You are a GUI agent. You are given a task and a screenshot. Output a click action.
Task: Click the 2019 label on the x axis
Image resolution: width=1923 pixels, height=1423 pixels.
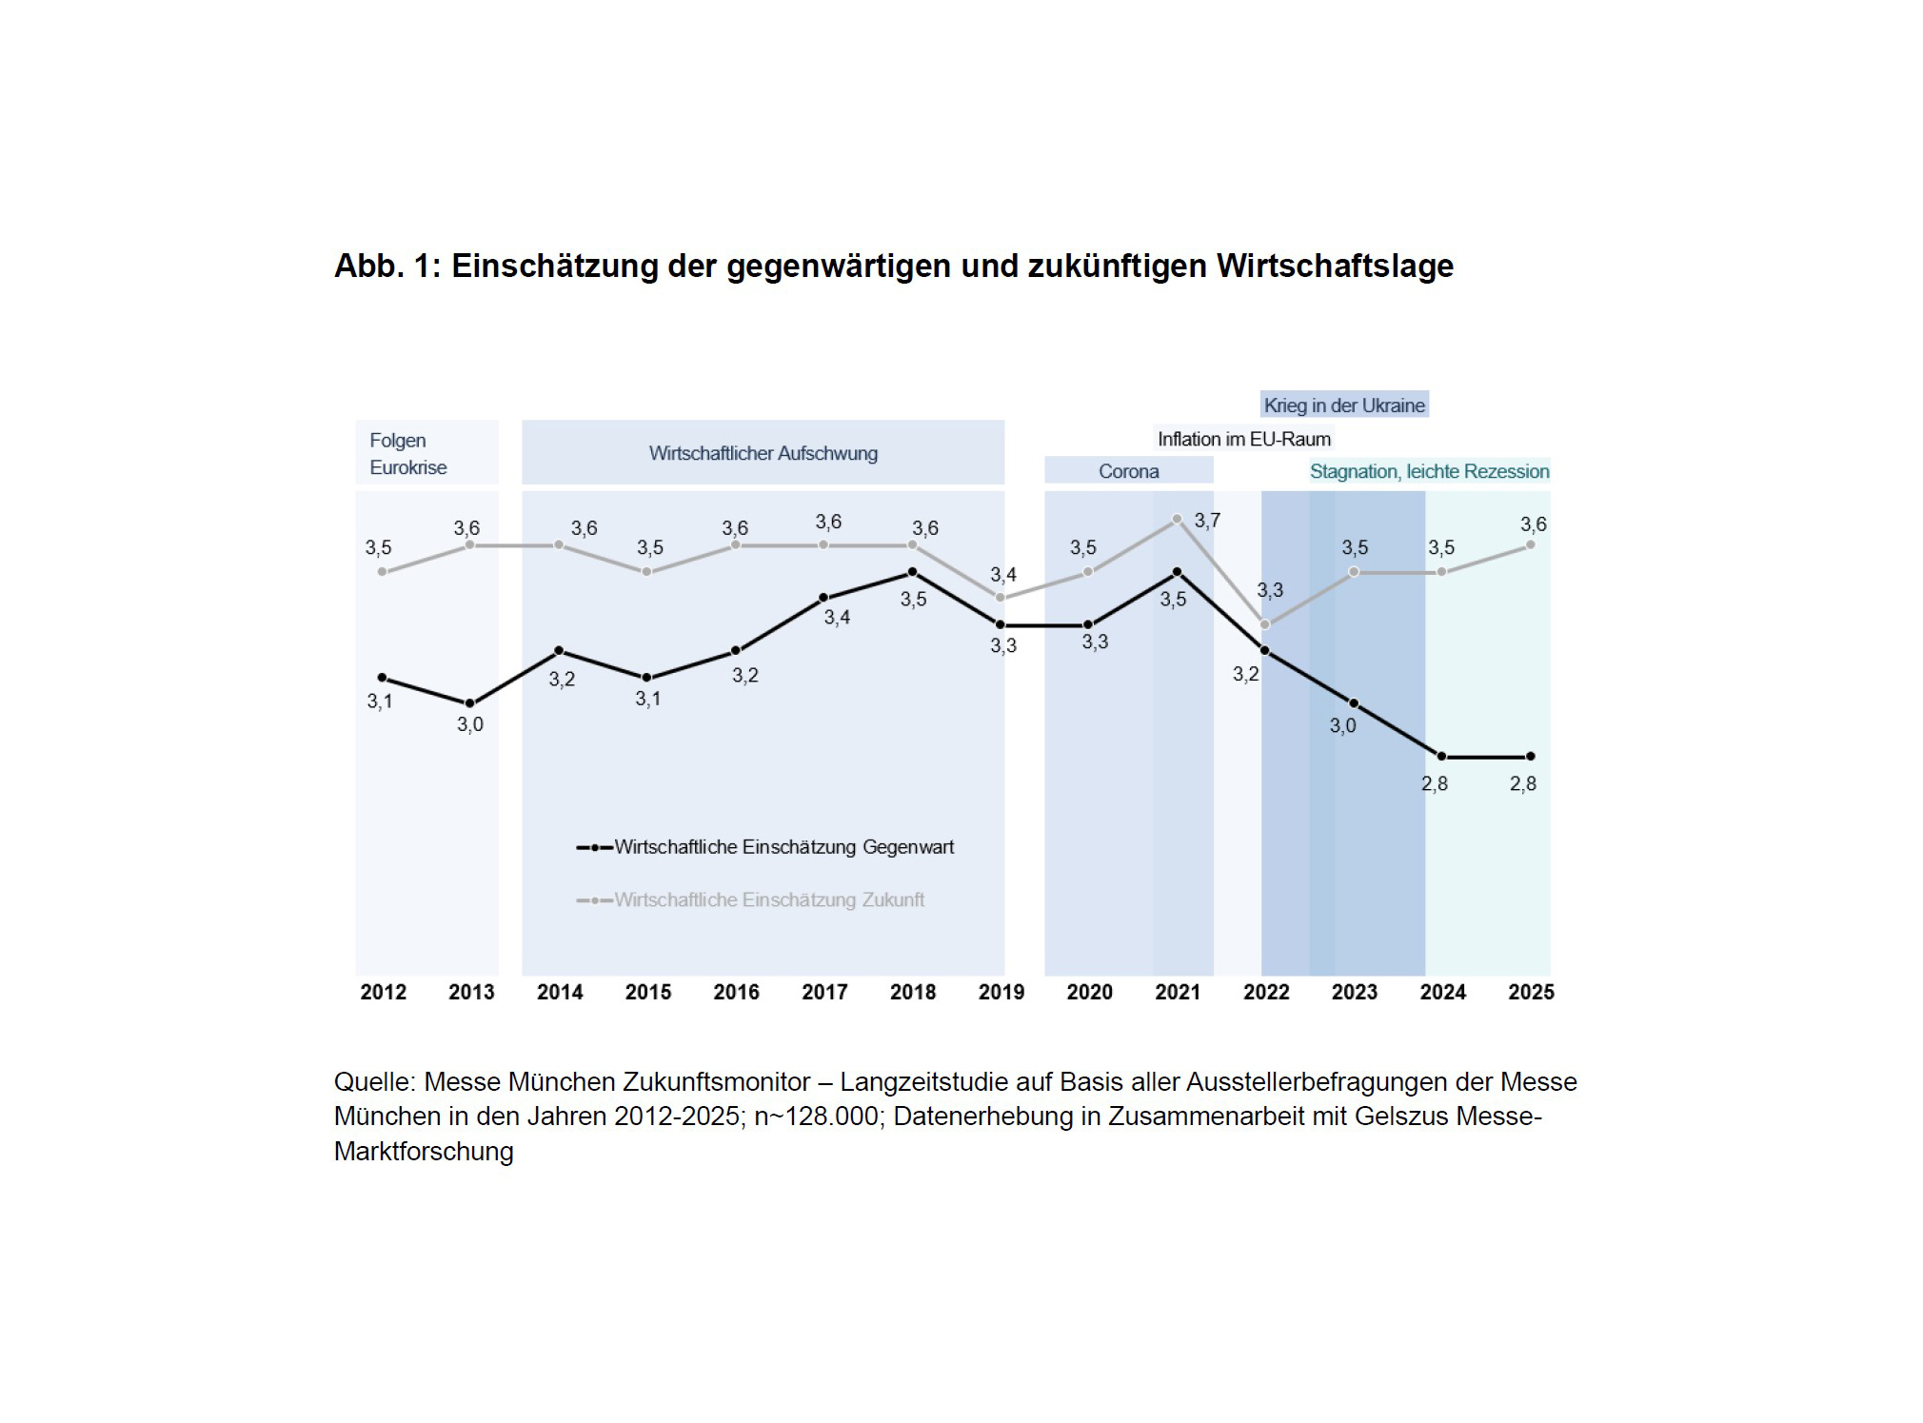point(1001,992)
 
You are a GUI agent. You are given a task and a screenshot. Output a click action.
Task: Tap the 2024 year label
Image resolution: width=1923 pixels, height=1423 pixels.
point(1442,992)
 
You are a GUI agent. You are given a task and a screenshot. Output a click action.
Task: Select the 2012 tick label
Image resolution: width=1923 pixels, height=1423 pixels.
point(383,992)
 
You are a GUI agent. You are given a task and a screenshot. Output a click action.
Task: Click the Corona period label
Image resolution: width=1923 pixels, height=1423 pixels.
point(1128,471)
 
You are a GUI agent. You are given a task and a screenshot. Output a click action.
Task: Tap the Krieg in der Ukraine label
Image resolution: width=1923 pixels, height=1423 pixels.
point(1343,405)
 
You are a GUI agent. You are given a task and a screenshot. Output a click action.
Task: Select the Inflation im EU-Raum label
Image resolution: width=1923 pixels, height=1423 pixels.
point(1243,439)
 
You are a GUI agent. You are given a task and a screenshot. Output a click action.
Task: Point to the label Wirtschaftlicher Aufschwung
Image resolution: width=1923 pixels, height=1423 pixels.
point(763,453)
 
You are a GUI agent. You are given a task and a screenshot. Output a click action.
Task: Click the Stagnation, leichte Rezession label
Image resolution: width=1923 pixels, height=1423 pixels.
point(1429,471)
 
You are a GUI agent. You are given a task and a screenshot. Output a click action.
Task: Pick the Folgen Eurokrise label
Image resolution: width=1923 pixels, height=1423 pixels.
point(407,454)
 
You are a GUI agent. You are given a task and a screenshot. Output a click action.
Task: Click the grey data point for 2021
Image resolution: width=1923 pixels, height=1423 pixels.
point(1177,519)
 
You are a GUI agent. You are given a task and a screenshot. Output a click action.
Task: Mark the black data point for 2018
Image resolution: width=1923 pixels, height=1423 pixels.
point(912,572)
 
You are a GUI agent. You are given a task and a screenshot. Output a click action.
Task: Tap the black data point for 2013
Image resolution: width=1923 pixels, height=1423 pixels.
point(470,703)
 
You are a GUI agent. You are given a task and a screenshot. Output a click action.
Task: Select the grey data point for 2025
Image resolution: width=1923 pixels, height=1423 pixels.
point(1530,545)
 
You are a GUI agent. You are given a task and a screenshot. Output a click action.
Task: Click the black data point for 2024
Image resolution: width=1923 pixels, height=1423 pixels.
point(1441,757)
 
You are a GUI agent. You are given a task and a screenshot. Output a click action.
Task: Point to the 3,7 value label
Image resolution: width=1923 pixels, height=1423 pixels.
point(1207,521)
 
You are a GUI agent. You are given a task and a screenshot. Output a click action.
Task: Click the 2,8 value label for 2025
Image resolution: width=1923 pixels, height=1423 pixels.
point(1522,783)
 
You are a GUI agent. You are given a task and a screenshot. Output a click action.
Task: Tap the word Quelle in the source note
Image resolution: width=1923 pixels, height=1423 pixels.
point(374,1082)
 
